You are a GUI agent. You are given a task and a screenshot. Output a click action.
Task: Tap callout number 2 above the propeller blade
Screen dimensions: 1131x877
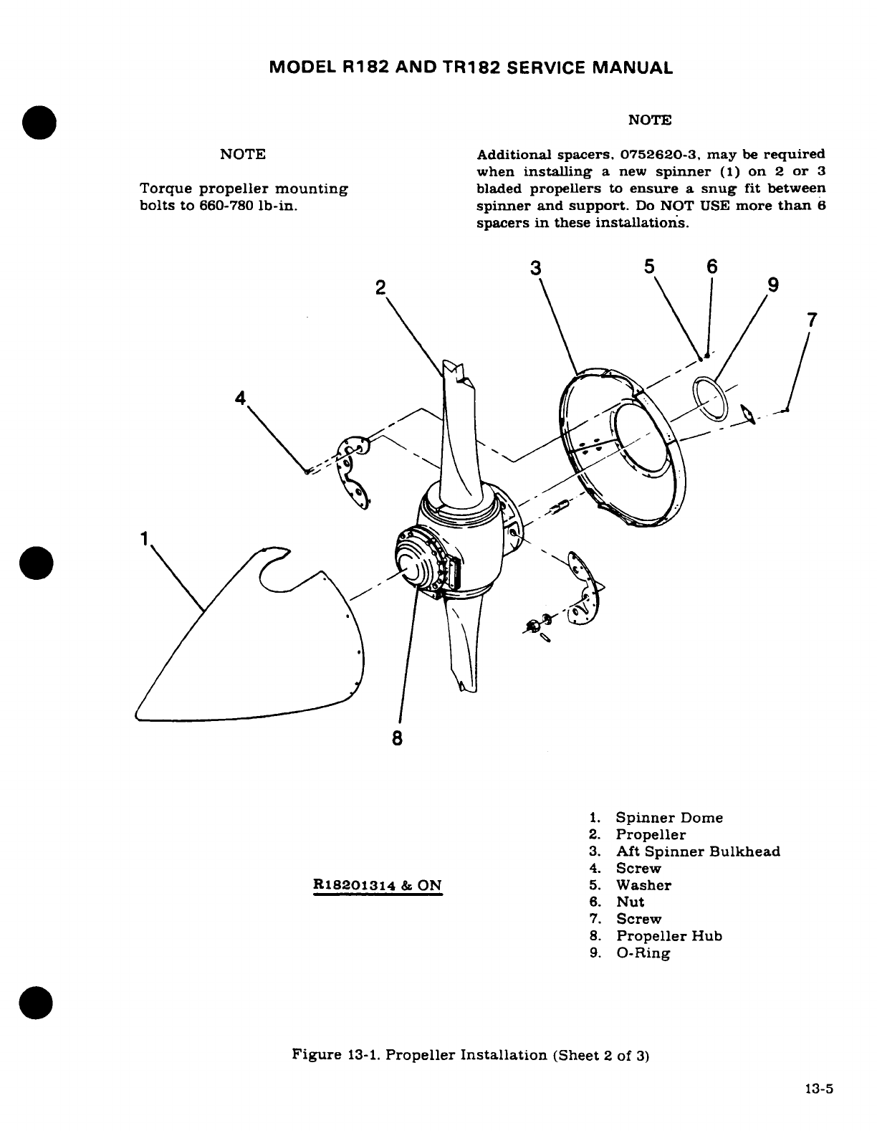(x=380, y=288)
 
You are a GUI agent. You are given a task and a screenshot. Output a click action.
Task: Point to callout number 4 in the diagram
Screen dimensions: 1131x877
(x=240, y=398)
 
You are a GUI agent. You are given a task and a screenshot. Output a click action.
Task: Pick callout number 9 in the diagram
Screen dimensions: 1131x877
(x=772, y=285)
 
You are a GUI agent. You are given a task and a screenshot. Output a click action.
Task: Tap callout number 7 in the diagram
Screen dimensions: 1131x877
(x=811, y=320)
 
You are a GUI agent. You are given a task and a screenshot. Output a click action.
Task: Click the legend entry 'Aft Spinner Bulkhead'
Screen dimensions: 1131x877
(x=698, y=851)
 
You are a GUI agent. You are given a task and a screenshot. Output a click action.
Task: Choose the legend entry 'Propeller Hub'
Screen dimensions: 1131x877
(x=669, y=936)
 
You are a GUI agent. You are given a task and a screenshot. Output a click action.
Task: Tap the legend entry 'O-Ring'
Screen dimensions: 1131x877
(x=643, y=953)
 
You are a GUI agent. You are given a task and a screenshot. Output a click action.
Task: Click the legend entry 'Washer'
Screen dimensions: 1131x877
(x=643, y=885)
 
